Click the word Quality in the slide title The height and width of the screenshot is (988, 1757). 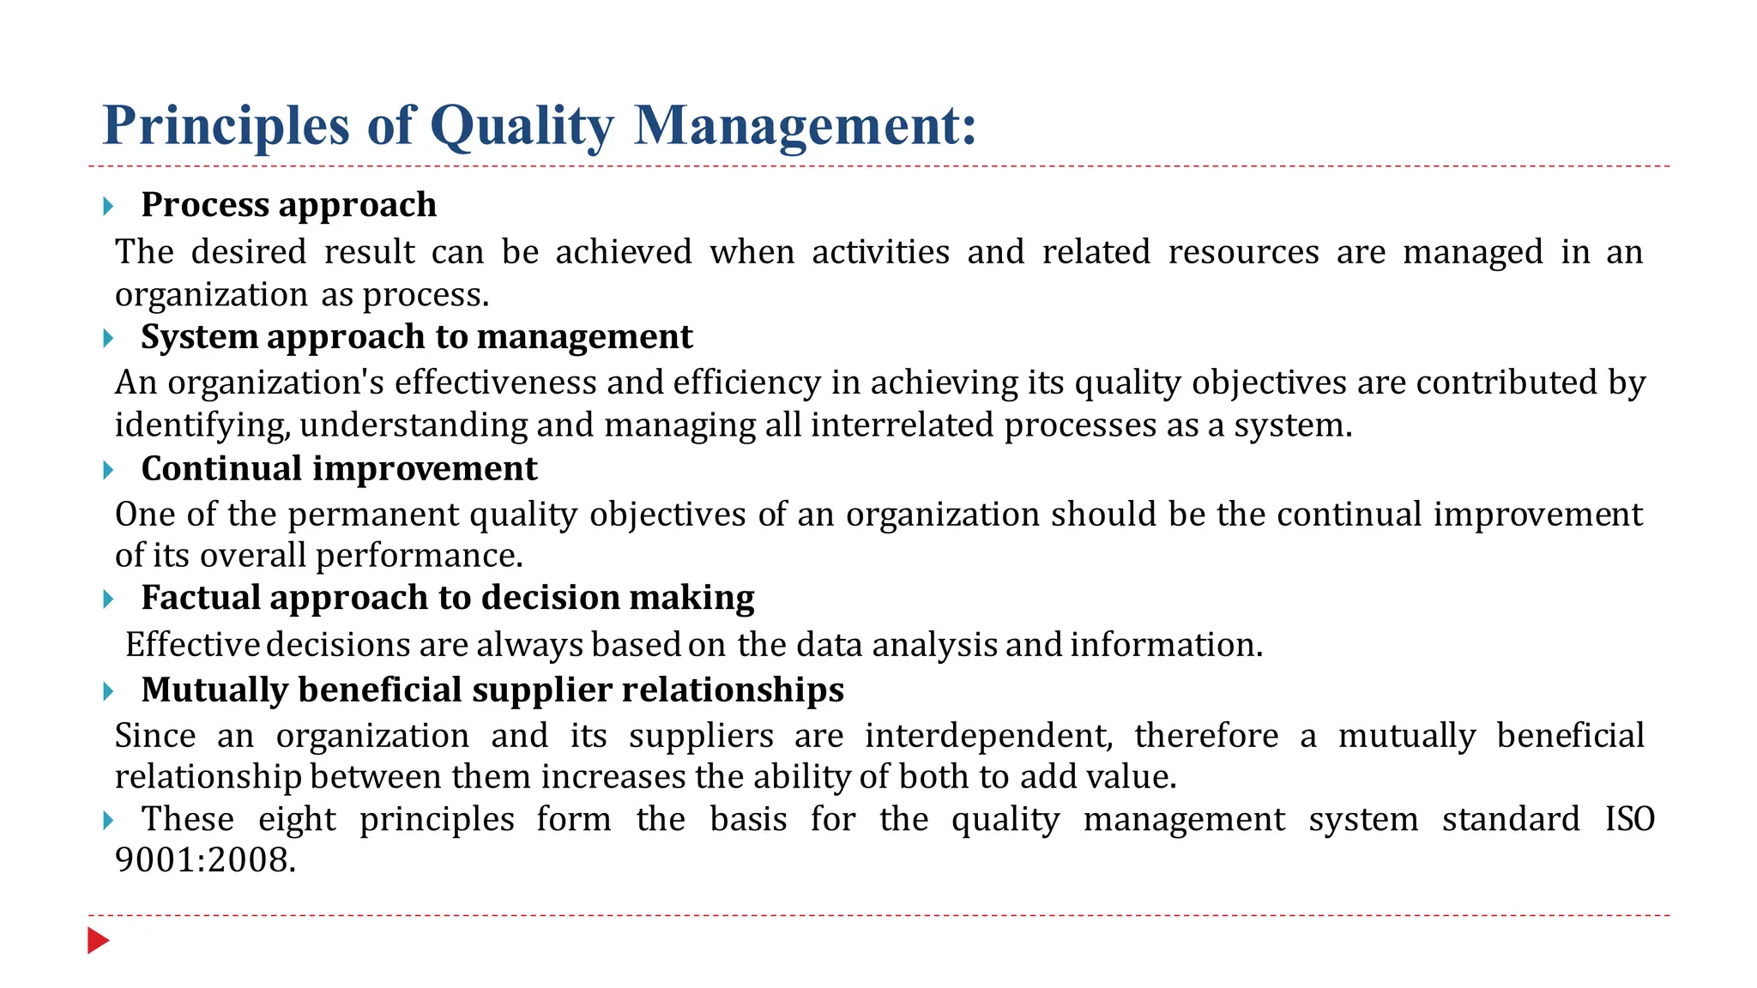tap(522, 126)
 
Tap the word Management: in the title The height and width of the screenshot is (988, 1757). tap(805, 126)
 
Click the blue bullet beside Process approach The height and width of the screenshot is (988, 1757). tap(108, 206)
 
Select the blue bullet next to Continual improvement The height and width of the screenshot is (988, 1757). tap(108, 470)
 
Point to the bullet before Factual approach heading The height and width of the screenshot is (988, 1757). tap(108, 599)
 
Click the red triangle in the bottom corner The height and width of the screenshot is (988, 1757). tap(98, 941)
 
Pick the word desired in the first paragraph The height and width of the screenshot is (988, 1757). tap(249, 252)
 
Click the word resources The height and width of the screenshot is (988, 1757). tap(1243, 252)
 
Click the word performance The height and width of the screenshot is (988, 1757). tap(419, 556)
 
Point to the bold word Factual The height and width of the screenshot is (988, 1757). tap(200, 598)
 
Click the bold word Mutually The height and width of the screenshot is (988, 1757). tap(214, 690)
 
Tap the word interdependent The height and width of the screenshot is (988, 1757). tap(988, 736)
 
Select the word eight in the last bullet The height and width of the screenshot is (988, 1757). tap(297, 820)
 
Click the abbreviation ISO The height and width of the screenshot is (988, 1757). tap(1629, 819)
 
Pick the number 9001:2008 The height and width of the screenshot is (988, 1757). tap(205, 860)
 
